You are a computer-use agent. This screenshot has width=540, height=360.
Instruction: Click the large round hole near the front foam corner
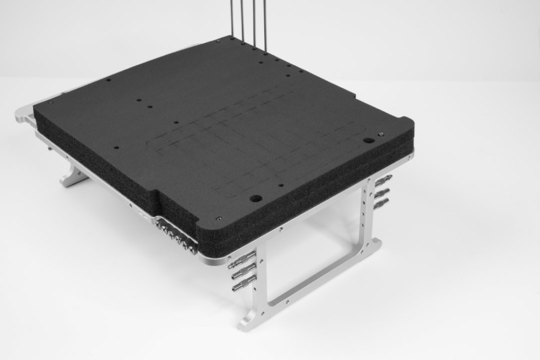tap(256, 199)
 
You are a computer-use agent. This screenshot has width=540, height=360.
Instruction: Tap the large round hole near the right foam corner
tap(369, 140)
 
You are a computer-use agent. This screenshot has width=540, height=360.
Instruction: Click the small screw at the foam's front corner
tap(219, 219)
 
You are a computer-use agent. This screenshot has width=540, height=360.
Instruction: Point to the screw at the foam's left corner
tap(51, 103)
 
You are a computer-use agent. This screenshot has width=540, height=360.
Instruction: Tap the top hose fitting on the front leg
tap(243, 257)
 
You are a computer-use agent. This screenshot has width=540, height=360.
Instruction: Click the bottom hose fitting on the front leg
tap(242, 286)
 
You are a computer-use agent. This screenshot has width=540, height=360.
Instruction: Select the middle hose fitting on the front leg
tap(242, 271)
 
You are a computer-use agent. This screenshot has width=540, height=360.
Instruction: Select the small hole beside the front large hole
tap(281, 185)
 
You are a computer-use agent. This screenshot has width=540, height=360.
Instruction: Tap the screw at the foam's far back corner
tap(218, 40)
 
